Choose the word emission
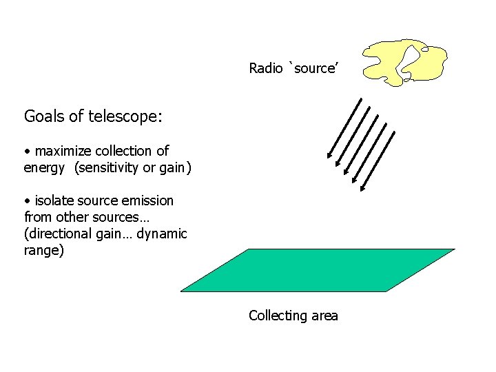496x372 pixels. click(148, 200)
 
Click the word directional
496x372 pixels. click(56, 234)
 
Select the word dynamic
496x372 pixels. click(162, 234)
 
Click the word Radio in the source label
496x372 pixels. click(265, 68)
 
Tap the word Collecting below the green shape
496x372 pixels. click(278, 316)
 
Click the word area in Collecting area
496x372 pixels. click(324, 316)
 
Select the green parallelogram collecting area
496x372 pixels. click(317, 270)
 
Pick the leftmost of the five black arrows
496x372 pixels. click(344, 128)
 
